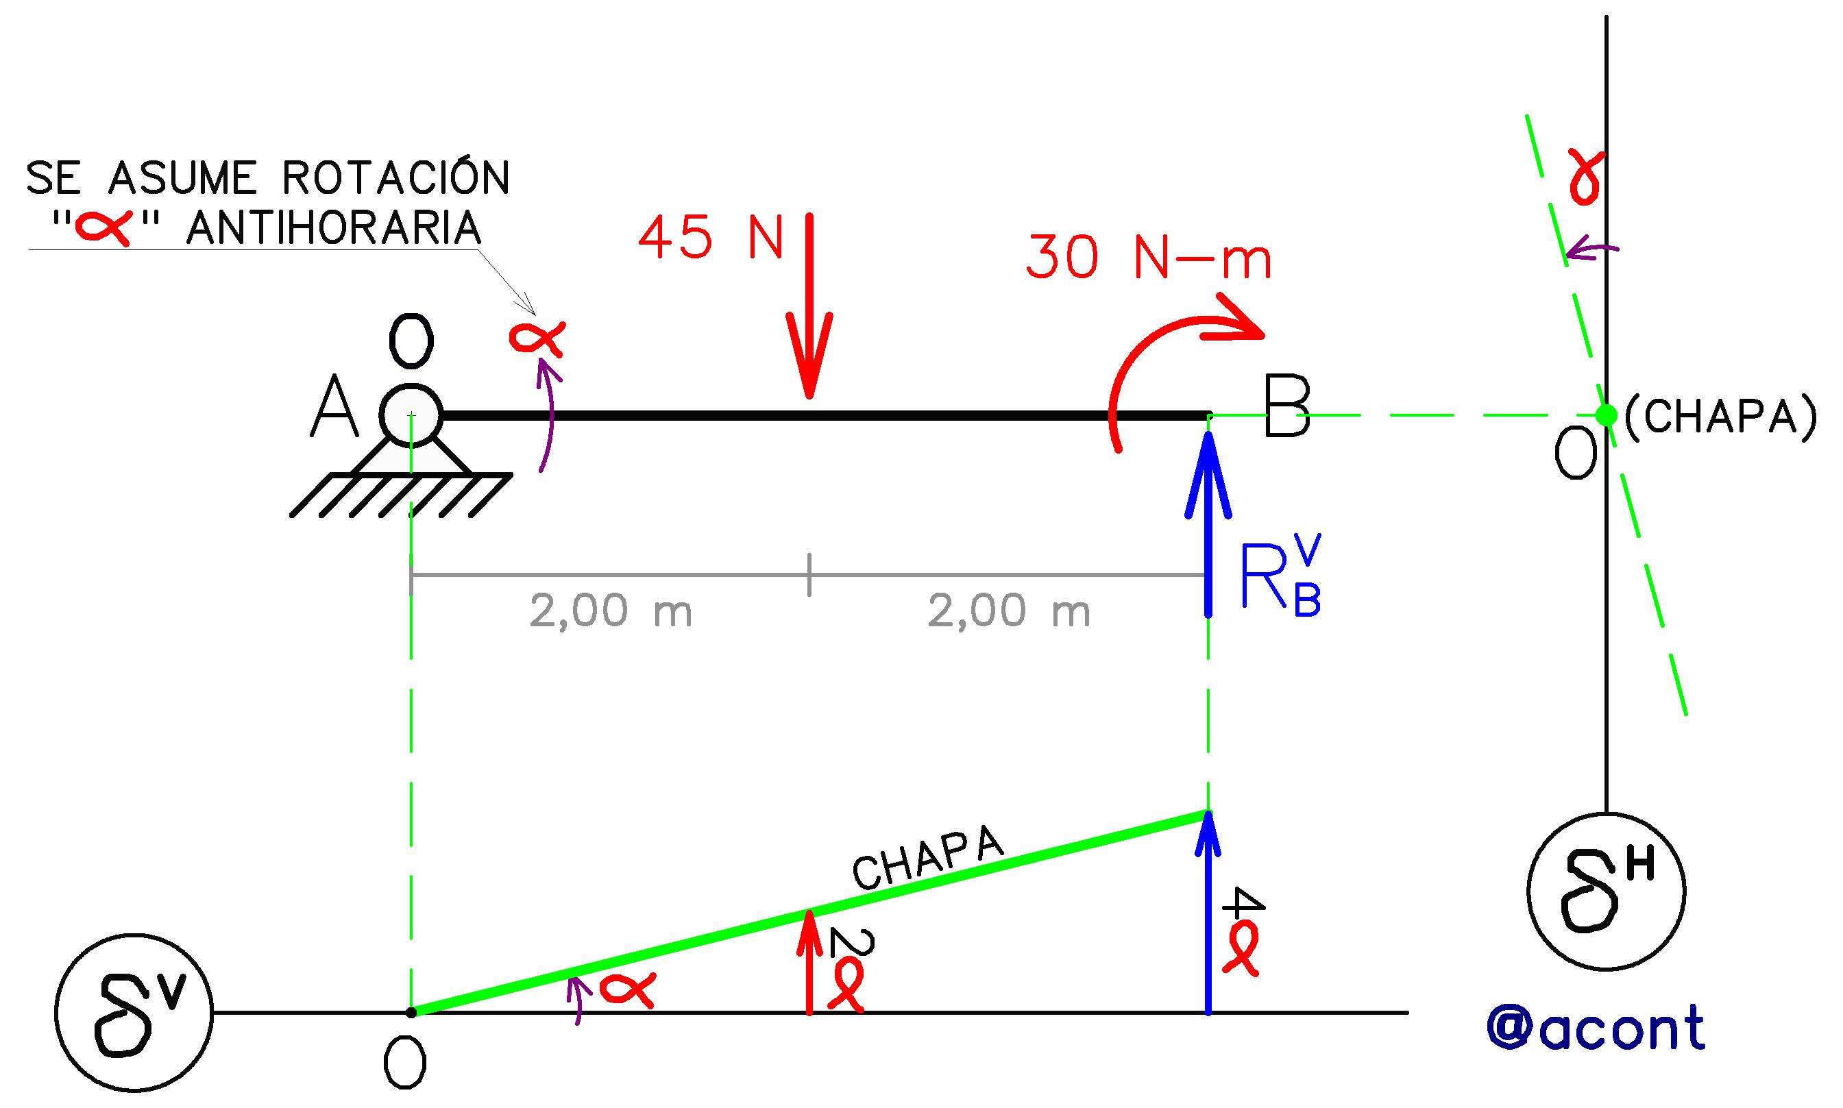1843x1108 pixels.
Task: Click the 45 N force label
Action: coord(710,237)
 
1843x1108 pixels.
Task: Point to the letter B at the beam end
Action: coord(1286,408)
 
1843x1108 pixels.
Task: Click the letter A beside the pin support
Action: coord(334,408)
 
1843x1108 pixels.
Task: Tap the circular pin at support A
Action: coord(411,415)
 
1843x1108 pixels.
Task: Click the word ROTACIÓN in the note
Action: coord(395,177)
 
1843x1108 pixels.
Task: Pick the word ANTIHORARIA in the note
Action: coord(334,227)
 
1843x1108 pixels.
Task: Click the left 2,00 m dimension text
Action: coord(611,611)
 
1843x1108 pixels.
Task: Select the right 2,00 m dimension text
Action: coord(1009,611)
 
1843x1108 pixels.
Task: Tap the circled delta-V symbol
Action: coord(134,1013)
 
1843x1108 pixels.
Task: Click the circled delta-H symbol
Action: coord(1607,891)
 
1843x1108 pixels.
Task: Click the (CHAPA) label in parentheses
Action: coord(1720,417)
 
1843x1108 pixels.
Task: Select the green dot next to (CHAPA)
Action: coord(1607,415)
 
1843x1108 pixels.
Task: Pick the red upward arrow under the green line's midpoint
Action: coord(809,961)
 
